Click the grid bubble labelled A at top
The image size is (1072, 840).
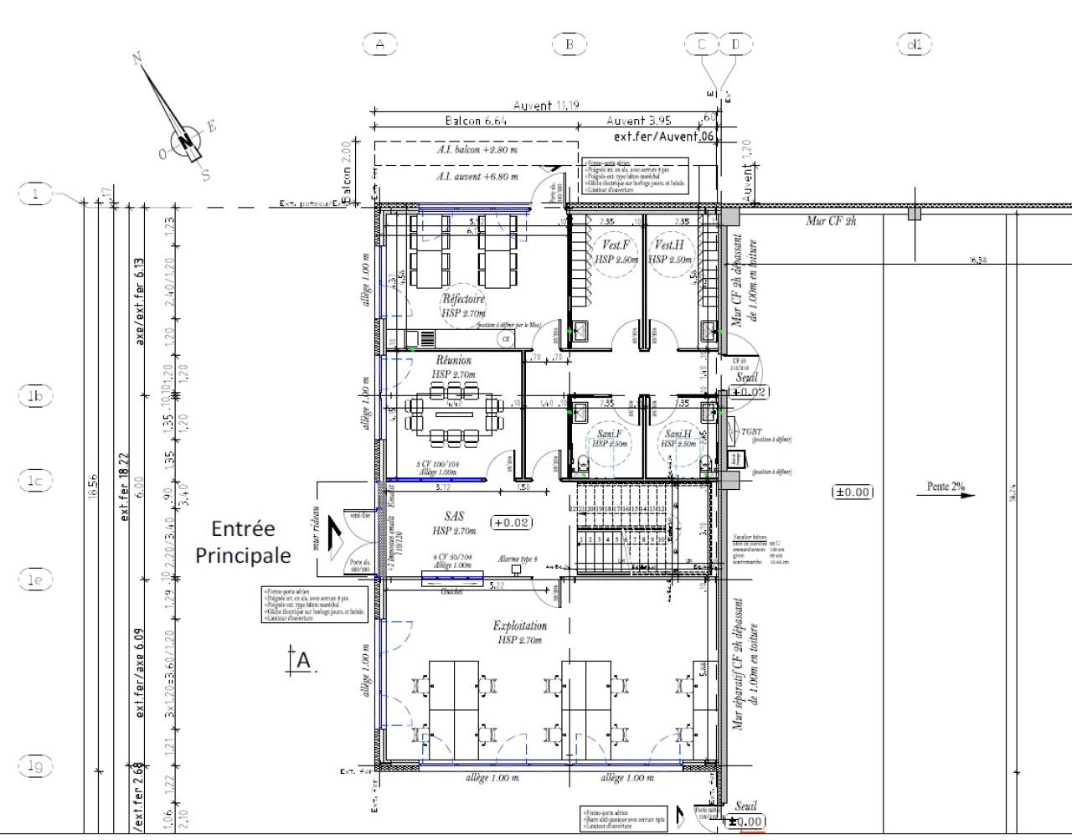click(380, 44)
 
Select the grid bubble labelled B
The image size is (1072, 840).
click(569, 44)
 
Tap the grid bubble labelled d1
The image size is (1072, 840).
click(914, 44)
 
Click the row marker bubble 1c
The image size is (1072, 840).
click(35, 481)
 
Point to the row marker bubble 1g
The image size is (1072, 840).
click(35, 765)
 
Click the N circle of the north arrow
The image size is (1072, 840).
click(185, 141)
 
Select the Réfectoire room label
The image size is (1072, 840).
click(463, 299)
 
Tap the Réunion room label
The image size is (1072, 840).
click(453, 360)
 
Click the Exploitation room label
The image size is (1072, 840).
click(519, 626)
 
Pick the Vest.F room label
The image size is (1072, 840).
click(616, 245)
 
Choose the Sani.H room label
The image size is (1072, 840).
click(678, 434)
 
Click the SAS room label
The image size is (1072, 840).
click(454, 517)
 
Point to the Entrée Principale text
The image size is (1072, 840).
click(243, 542)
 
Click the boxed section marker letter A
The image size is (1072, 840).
click(302, 661)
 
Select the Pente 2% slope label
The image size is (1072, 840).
click(946, 487)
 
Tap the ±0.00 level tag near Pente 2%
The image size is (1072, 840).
click(852, 492)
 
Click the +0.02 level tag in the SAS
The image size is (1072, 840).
click(510, 522)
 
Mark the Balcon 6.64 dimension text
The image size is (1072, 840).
click(476, 121)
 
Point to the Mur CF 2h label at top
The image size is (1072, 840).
click(831, 220)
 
